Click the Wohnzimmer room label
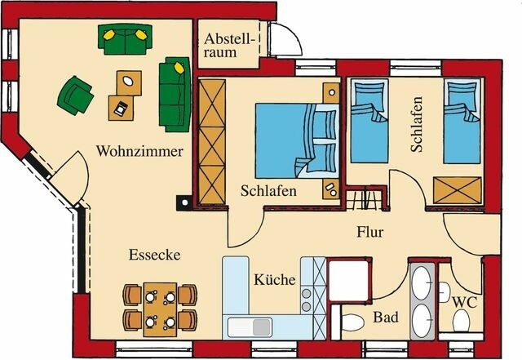[x=139, y=152]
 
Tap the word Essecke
[x=154, y=256]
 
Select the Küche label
[x=274, y=280]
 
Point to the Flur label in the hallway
[x=369, y=232]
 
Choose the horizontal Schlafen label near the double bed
[x=268, y=191]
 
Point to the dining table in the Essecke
[x=159, y=308]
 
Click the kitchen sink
[x=252, y=327]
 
